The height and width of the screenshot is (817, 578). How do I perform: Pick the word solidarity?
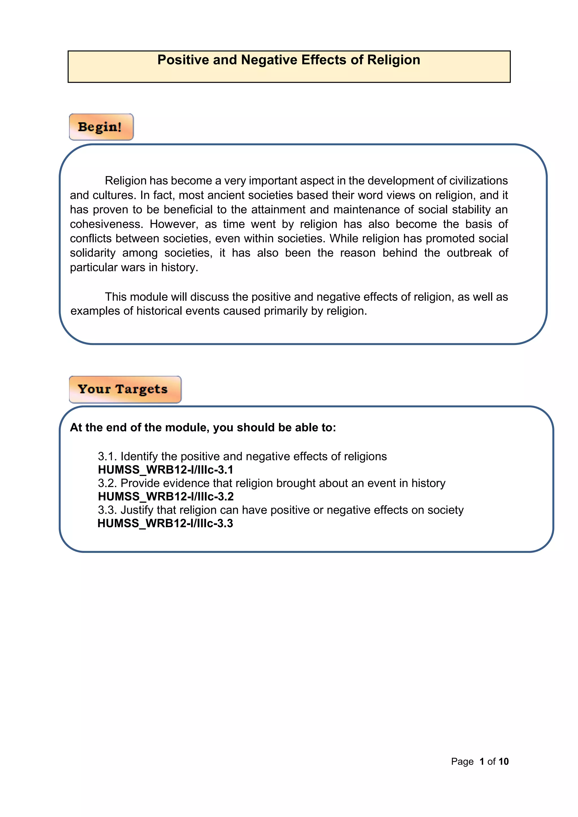[93, 253]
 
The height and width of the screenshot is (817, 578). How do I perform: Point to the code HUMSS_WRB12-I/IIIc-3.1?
[165, 470]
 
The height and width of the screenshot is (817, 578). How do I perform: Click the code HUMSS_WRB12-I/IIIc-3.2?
[165, 497]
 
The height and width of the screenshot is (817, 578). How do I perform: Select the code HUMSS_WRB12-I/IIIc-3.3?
[165, 523]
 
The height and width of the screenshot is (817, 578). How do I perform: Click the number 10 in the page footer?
[503, 761]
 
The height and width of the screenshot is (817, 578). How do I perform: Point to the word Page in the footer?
[462, 761]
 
